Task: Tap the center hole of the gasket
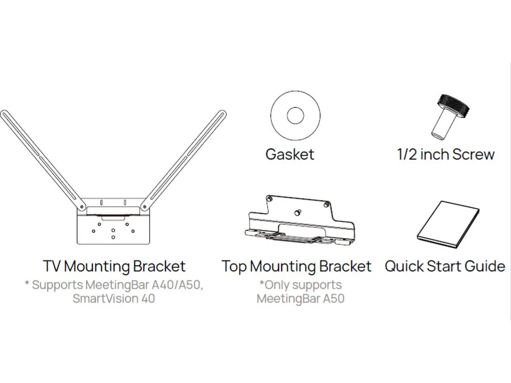pos(295,115)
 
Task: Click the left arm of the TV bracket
pos(43,159)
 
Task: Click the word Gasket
pos(290,154)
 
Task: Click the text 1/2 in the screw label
pos(407,154)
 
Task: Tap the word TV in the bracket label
pos(52,266)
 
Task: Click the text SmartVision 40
pos(114,298)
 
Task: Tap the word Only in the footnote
pos(277,285)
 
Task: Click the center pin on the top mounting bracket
pos(297,212)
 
